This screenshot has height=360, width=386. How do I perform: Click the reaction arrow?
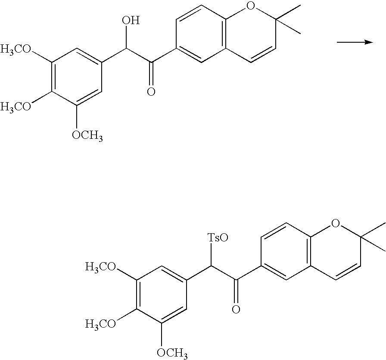point(355,42)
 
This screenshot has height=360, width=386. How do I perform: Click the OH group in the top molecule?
point(131,20)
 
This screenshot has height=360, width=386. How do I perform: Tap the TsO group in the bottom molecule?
point(218,238)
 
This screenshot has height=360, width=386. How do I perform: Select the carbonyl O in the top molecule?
point(151,92)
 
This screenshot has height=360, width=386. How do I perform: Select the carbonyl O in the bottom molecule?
point(236,309)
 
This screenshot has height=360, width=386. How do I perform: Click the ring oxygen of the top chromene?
point(250,6)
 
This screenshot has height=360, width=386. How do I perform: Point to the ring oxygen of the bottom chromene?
point(335,223)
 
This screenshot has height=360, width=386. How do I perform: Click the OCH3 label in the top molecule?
point(87,135)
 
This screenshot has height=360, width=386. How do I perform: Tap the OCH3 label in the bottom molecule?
point(172,353)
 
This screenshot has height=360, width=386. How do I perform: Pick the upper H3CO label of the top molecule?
point(16,49)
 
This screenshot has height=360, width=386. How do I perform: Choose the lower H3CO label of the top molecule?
point(16,107)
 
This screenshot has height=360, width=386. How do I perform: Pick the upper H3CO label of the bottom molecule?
point(101,266)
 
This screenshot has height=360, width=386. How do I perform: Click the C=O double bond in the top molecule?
point(151,72)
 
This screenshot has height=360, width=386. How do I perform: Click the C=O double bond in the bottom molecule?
point(236,290)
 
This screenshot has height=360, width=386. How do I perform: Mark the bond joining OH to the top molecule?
point(126,37)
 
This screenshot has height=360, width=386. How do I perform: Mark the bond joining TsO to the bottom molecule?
point(211,255)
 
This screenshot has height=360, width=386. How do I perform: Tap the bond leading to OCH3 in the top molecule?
point(77,117)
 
